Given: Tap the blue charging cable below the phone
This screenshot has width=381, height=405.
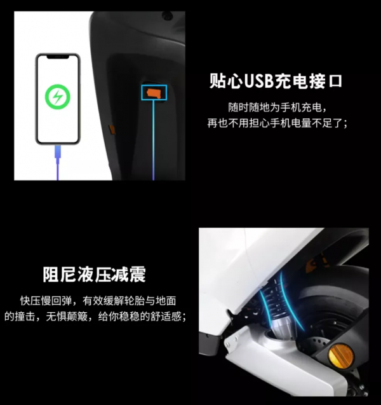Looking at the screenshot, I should coord(58,162).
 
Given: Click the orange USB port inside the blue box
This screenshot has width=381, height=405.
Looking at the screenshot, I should coord(153,93).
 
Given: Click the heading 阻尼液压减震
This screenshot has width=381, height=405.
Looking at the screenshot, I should coord(94,274).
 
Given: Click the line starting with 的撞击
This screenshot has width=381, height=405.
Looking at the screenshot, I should coord(95,316).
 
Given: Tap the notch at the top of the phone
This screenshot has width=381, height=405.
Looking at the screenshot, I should coord(58,58).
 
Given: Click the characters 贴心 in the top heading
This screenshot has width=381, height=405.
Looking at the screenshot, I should coord(222,81).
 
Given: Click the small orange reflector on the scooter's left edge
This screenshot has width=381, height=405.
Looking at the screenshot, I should coord(112,129).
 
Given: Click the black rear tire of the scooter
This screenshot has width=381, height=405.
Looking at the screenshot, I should coord(317,318).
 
